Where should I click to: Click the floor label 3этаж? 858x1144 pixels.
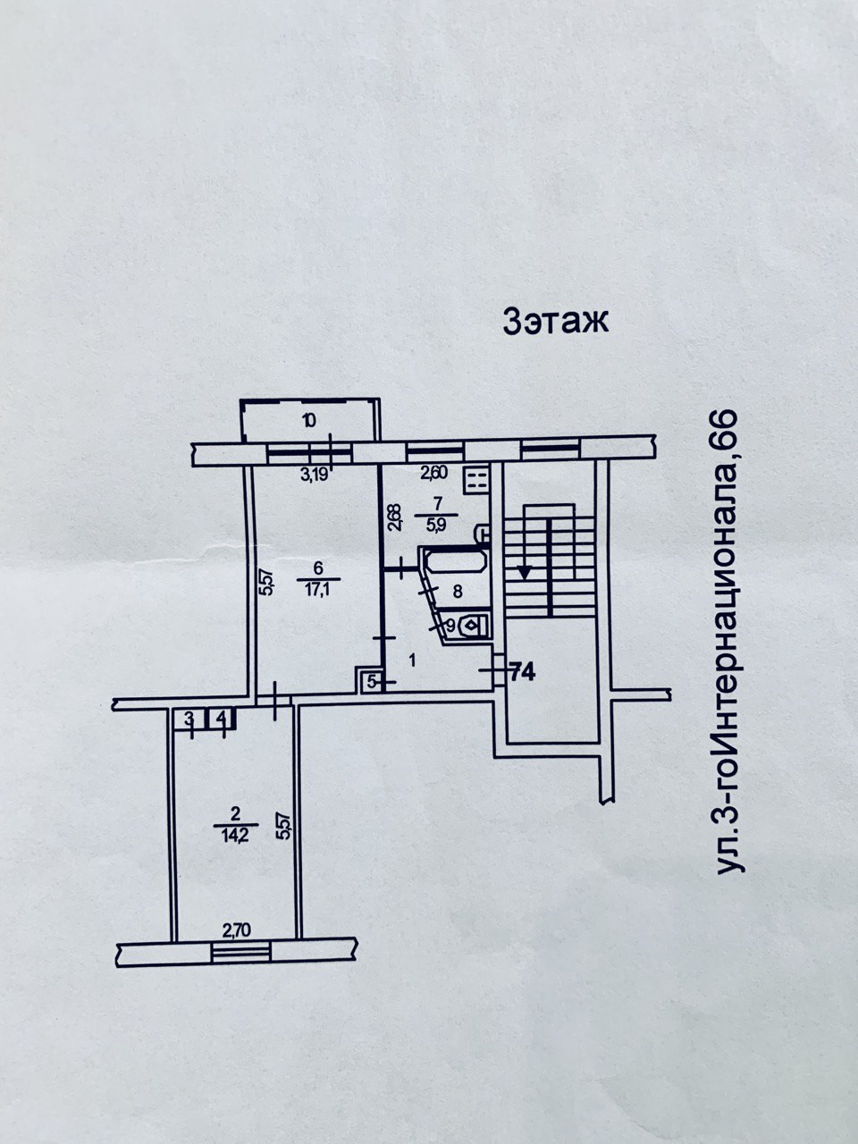[x=555, y=320]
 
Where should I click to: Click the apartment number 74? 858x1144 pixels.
[x=522, y=673]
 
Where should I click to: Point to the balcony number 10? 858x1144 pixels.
[x=308, y=420]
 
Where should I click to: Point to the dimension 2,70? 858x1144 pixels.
[x=236, y=929]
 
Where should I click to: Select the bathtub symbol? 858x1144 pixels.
[x=455, y=562]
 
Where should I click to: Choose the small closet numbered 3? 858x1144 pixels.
[x=189, y=718]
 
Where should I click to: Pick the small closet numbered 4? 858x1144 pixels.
[x=221, y=718]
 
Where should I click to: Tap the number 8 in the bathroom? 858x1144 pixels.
[x=457, y=591]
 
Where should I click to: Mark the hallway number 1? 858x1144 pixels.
[x=412, y=661]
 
